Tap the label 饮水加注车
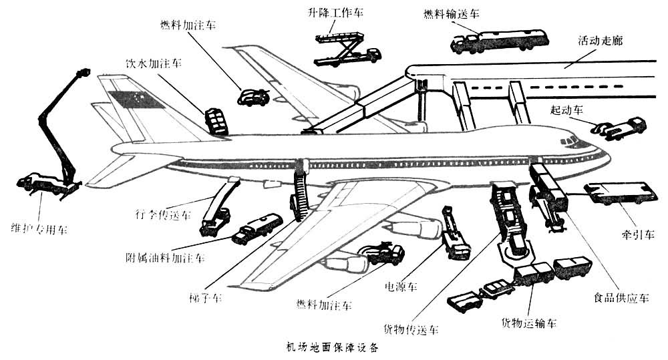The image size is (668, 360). tap(153, 65)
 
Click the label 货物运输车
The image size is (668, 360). tap(529, 323)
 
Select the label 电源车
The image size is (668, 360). tap(401, 286)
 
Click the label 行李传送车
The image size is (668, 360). tap(162, 216)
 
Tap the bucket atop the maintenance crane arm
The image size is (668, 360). tap(83, 72)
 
